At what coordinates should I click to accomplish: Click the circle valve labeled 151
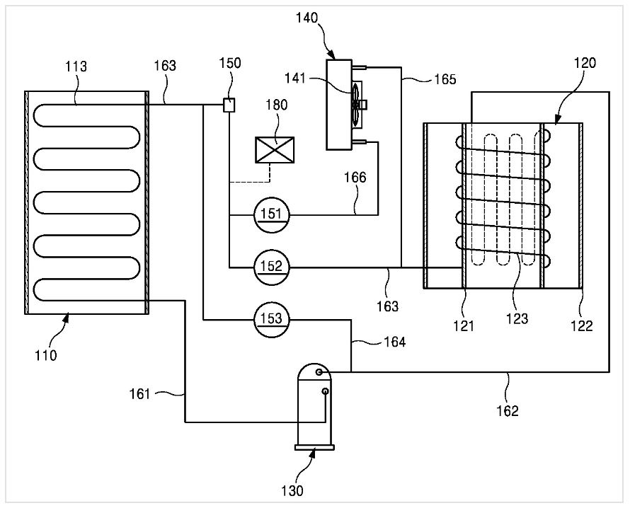272,215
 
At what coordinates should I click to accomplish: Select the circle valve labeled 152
272,267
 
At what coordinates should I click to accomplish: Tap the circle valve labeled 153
272,320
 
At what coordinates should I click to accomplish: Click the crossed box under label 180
275,150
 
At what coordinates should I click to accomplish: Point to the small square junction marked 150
229,105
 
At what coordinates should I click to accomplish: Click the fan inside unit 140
356,103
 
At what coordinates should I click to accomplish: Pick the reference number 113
76,67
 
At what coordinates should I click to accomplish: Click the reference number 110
45,355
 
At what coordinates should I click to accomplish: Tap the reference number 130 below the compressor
292,490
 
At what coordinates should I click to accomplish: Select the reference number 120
585,63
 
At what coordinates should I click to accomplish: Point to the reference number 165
445,79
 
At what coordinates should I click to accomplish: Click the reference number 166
355,177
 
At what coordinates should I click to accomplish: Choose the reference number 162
508,410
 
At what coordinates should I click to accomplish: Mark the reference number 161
139,394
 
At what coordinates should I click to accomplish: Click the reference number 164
394,342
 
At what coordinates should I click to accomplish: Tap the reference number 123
517,319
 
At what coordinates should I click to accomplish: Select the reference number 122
582,325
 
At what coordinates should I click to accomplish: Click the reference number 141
295,78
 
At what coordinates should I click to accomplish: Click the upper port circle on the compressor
319,372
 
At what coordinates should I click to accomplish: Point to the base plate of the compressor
314,447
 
